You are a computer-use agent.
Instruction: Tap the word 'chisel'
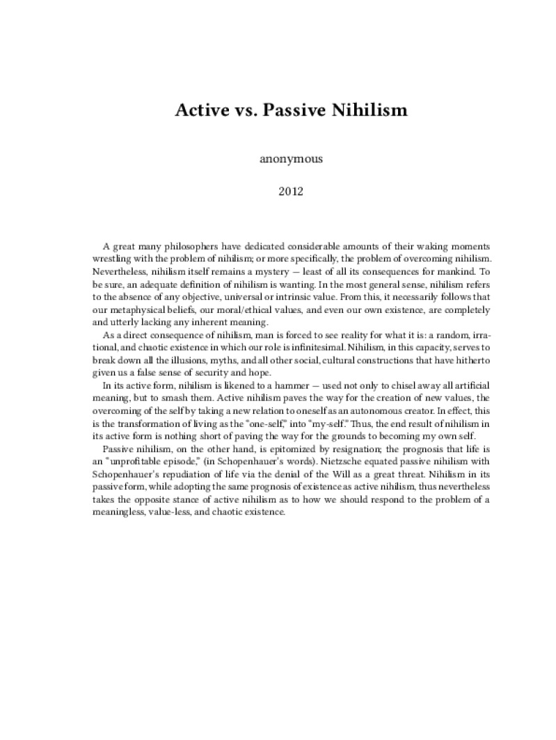tap(362, 384)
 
